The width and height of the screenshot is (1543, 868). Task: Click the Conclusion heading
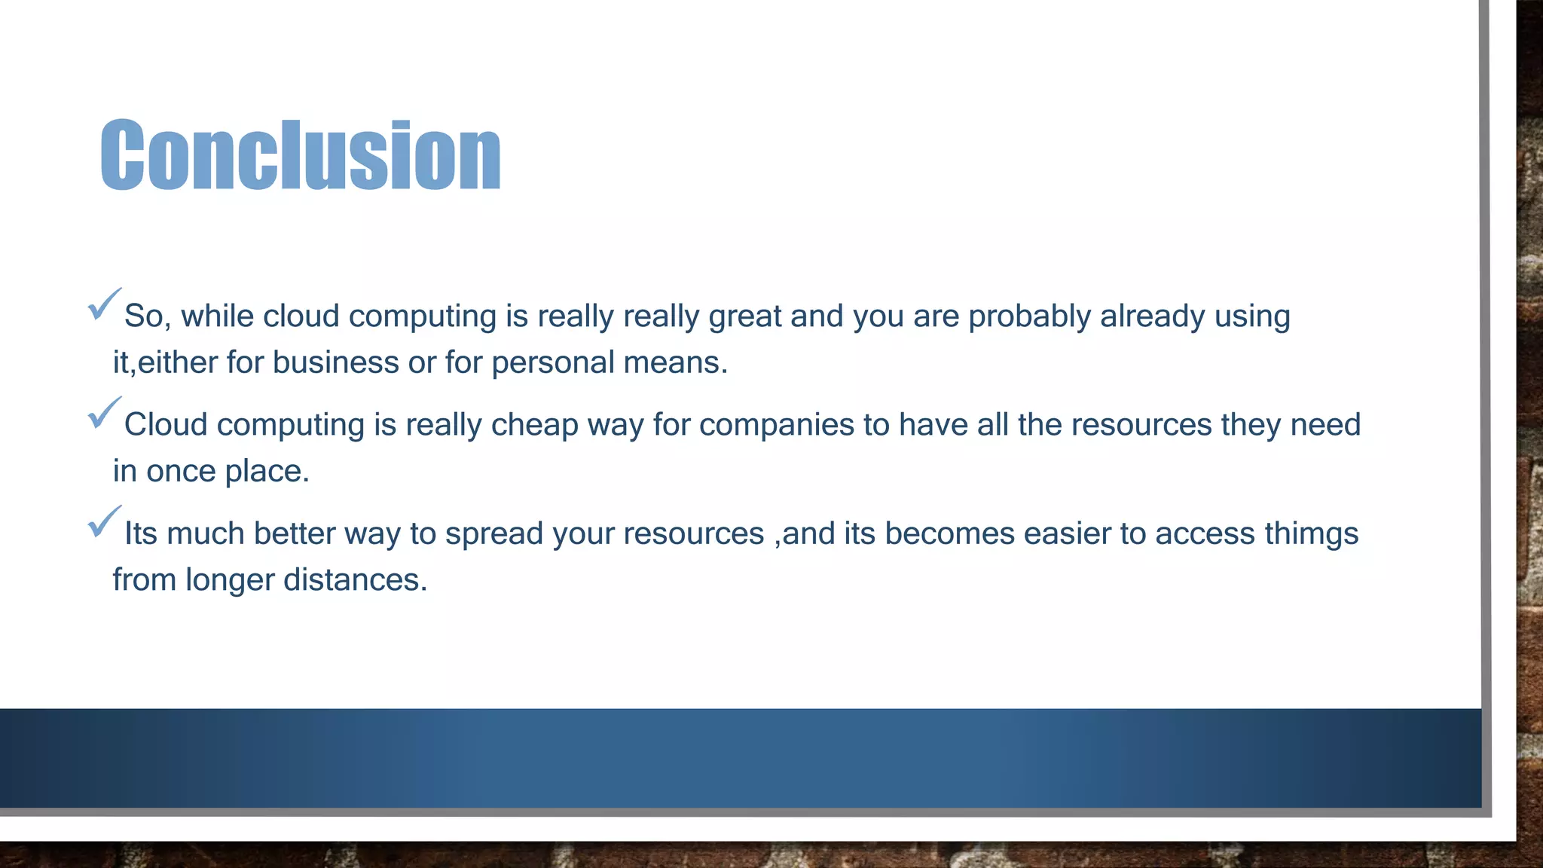coord(301,154)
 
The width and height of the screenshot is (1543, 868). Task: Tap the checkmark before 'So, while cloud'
coord(104,304)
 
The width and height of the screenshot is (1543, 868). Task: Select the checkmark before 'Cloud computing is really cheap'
coord(104,412)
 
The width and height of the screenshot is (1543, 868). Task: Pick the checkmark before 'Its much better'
coord(104,521)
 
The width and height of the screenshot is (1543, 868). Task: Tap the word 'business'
coord(336,362)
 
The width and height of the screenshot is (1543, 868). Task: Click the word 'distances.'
coord(355,580)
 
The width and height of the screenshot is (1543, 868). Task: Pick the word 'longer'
coord(230,581)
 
